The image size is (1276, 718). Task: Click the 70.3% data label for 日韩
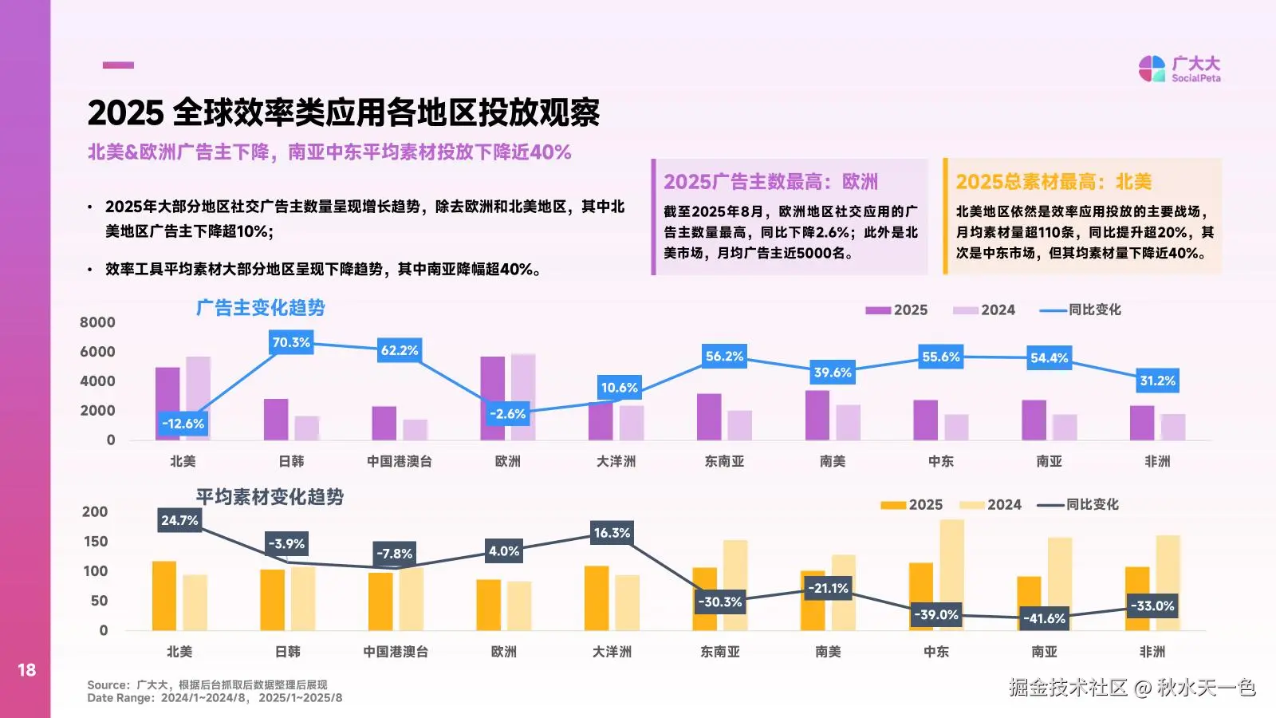pos(291,342)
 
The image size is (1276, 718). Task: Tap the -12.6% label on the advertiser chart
pos(183,424)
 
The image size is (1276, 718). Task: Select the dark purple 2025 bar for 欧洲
pos(492,398)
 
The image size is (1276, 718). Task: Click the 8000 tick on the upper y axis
pos(97,322)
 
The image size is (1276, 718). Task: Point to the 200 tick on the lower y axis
pos(95,512)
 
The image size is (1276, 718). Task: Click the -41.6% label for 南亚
pos(1044,618)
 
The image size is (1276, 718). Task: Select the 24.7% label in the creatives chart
pos(179,520)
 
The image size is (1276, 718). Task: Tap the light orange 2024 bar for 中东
pos(951,574)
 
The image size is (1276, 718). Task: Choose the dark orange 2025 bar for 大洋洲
pos(597,598)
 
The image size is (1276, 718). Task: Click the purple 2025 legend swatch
pos(877,310)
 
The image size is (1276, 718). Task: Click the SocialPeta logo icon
pos(1152,69)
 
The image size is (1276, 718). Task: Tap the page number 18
pos(26,670)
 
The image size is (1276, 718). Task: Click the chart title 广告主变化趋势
pos(261,308)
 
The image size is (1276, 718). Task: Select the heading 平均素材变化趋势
pos(270,497)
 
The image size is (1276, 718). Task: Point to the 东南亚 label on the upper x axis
pos(724,461)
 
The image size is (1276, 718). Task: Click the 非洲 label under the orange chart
pos(1152,652)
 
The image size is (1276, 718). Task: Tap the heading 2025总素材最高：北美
pos(1053,182)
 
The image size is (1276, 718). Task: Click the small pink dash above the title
pos(118,65)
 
